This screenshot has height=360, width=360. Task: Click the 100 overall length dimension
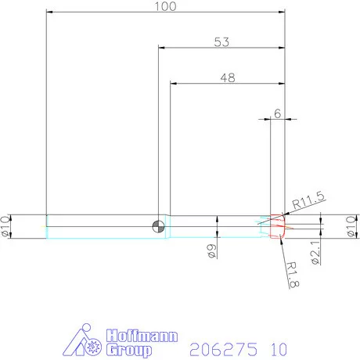[165, 6]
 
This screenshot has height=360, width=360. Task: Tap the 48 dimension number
[227, 77]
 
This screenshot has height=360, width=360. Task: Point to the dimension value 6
[278, 113]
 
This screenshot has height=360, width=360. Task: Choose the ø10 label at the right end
[351, 226]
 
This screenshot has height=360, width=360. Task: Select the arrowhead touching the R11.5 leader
[285, 216]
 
